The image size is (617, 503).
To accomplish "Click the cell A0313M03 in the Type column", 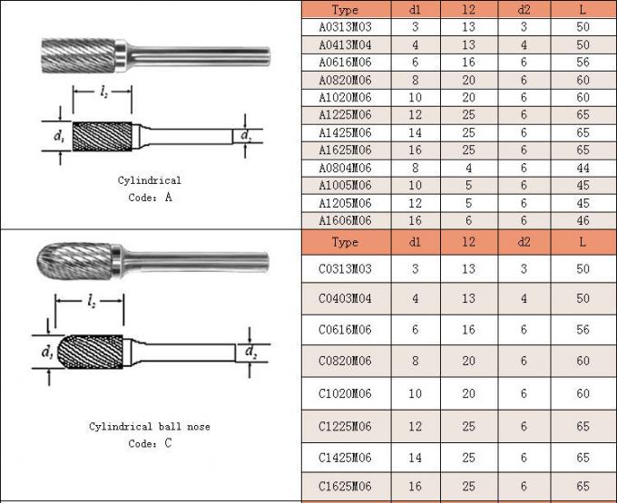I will click(x=345, y=27).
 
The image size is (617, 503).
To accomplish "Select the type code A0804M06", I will click(x=345, y=168).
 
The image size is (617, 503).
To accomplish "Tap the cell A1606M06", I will click(x=345, y=220).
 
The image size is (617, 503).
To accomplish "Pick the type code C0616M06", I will click(x=345, y=330).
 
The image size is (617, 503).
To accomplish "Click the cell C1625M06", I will click(x=345, y=487).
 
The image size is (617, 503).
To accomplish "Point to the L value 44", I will click(x=582, y=168).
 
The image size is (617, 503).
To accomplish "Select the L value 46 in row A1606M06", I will click(x=582, y=220).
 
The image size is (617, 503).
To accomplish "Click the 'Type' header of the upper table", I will click(x=345, y=10).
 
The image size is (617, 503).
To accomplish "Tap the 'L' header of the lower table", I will click(x=582, y=243).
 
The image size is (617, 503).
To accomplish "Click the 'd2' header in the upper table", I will click(x=524, y=10).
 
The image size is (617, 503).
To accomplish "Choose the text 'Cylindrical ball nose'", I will click(x=149, y=426).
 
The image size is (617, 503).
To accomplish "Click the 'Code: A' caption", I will click(x=149, y=197).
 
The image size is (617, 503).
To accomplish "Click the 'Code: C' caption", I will click(x=149, y=443).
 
